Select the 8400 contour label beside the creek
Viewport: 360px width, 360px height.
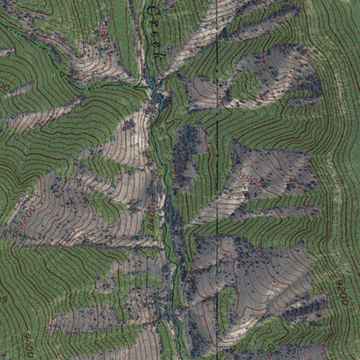144,217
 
